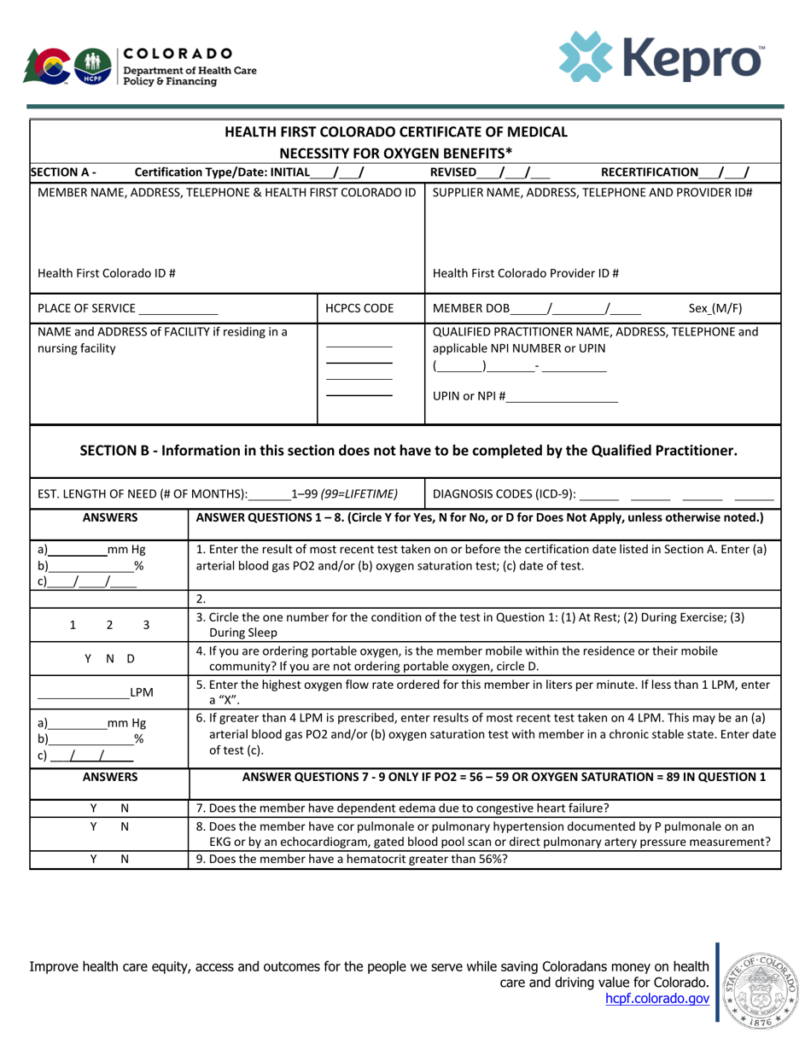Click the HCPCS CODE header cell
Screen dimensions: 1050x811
coord(370,307)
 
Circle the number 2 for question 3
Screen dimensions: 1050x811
coord(109,625)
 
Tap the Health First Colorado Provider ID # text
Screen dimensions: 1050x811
coord(526,273)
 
